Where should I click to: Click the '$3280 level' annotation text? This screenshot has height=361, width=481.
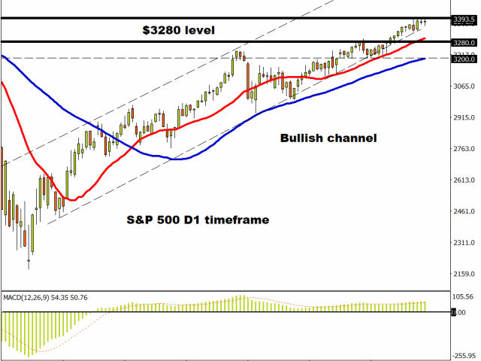pos(179,31)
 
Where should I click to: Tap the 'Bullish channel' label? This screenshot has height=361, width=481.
pos(328,138)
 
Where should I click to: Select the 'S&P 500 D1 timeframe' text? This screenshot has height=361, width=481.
pos(197,219)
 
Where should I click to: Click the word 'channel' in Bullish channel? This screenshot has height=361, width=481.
pos(352,138)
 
